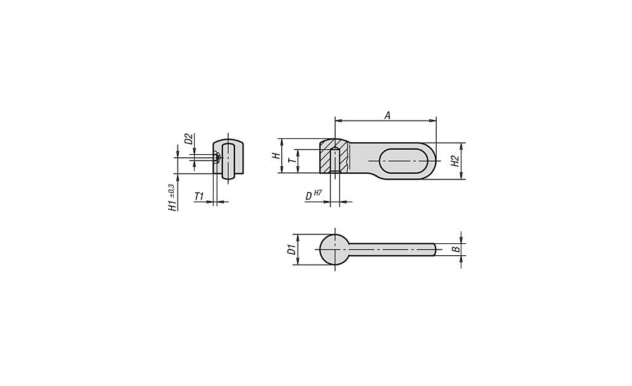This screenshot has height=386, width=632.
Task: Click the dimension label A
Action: (x=387, y=116)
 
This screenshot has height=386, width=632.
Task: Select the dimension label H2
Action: (x=455, y=161)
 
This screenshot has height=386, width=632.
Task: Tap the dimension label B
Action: (x=456, y=249)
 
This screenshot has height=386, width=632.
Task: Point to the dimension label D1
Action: (x=291, y=250)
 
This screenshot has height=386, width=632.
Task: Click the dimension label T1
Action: (x=199, y=196)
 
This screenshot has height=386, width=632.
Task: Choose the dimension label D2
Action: (x=188, y=138)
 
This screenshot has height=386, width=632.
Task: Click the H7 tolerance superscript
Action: (x=318, y=193)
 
